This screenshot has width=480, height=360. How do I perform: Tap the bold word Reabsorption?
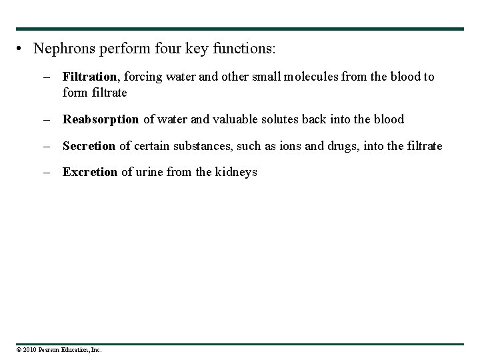click(101, 119)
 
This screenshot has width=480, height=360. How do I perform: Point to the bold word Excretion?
click(90, 172)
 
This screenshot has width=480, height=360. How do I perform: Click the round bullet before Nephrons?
click(22, 49)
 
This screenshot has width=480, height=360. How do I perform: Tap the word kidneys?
click(237, 172)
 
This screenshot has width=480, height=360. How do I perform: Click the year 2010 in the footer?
click(29, 349)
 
